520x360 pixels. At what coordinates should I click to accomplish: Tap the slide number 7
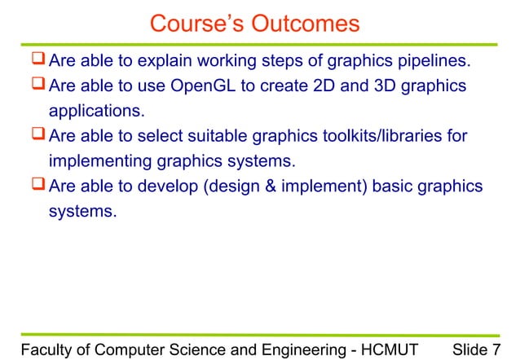tap(496, 349)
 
